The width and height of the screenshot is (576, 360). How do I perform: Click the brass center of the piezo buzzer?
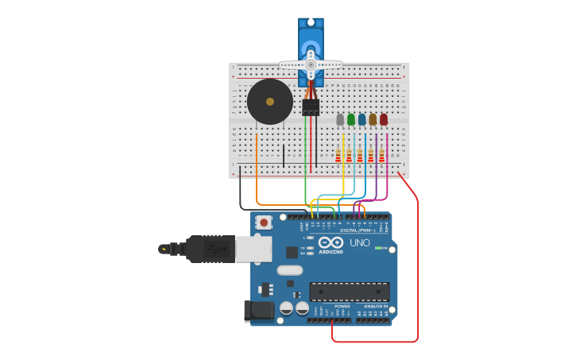(x=270, y=102)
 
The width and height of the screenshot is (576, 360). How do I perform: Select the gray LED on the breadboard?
(x=340, y=119)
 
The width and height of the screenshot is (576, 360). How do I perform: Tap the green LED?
(x=351, y=119)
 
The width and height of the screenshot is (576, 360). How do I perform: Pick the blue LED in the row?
(x=361, y=119)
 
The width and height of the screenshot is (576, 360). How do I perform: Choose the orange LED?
(x=373, y=119)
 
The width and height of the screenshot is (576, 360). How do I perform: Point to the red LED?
(x=384, y=119)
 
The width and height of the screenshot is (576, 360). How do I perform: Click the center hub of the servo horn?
(x=311, y=64)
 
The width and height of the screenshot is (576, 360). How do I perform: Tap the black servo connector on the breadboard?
(x=311, y=106)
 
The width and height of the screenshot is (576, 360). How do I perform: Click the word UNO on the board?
(x=360, y=243)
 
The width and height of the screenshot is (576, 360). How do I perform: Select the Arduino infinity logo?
(x=331, y=242)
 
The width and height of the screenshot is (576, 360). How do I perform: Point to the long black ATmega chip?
(x=350, y=292)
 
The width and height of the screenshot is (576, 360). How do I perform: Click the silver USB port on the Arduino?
(x=253, y=249)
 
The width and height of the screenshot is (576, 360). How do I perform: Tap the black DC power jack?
(x=258, y=311)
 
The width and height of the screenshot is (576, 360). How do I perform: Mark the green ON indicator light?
(x=378, y=248)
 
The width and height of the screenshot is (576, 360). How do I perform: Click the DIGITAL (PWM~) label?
(x=359, y=230)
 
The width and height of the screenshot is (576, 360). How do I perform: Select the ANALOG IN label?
(x=376, y=306)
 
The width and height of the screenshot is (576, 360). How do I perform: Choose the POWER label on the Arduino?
(x=342, y=306)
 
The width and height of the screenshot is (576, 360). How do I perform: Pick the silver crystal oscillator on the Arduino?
(x=290, y=270)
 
